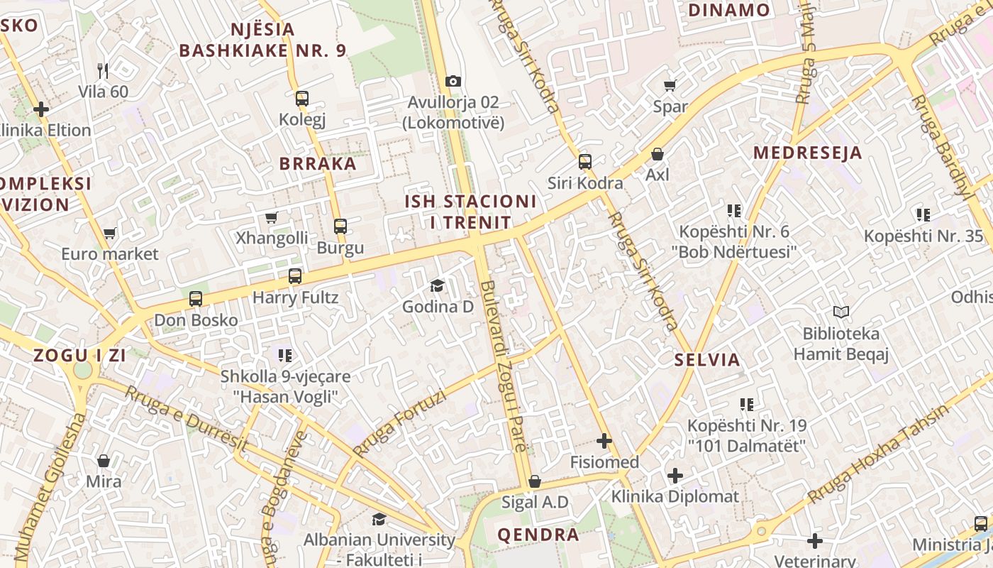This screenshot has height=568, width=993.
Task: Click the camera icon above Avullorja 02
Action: click(453, 82)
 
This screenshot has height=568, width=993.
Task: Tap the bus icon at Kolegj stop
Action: click(302, 99)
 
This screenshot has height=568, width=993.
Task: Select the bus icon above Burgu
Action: click(340, 226)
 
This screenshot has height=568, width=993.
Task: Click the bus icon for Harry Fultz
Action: click(295, 276)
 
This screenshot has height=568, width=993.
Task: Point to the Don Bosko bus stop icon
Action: click(196, 299)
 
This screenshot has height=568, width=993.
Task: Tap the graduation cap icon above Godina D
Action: click(437, 286)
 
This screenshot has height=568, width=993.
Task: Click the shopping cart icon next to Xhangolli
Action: click(272, 217)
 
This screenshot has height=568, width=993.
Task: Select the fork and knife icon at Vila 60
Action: click(104, 70)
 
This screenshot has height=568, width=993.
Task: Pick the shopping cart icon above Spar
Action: click(670, 86)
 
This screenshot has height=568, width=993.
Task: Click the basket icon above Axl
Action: click(658, 154)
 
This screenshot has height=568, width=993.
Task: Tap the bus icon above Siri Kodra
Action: click(584, 162)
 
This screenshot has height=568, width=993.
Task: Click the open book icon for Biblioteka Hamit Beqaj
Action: click(841, 312)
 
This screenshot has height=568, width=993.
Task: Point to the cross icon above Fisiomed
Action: click(604, 442)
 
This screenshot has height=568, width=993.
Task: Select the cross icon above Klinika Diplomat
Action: click(675, 476)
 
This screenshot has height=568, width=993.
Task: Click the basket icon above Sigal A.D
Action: click(535, 482)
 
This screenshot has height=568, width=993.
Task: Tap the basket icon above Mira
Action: click(104, 461)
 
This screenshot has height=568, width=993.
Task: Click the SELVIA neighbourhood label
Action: click(707, 359)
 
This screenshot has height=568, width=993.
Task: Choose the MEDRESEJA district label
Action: click(807, 153)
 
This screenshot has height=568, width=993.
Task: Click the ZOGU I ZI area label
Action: click(79, 356)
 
